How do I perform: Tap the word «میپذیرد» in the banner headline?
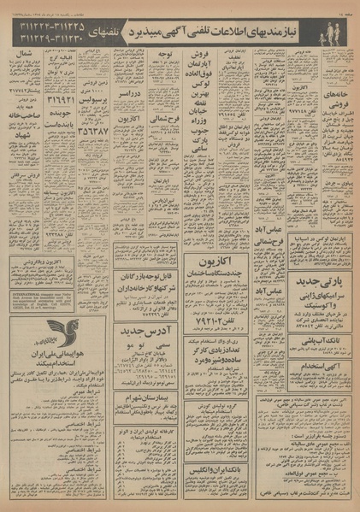point(151,32)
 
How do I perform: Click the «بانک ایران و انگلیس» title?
point(210,471)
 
